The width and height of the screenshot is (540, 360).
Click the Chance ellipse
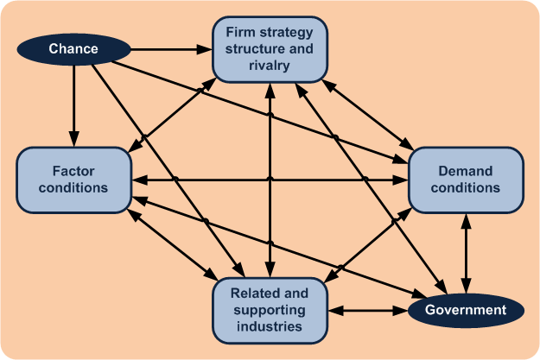73,49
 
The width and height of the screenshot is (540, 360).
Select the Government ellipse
466,311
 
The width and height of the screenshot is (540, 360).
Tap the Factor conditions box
73,180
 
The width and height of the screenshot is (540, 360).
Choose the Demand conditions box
466,180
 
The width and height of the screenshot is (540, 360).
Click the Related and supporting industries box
270,311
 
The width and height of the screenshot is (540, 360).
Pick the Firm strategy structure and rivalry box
270,49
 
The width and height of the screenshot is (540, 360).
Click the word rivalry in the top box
270,66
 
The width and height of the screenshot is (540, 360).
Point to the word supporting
270,310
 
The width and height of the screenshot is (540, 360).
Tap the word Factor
73,171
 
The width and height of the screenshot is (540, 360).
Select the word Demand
466,171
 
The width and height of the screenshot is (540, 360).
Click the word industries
270,326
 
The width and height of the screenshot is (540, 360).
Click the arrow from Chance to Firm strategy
172,49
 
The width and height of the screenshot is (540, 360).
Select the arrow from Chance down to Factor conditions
73,106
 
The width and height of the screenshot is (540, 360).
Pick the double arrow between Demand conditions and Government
466,254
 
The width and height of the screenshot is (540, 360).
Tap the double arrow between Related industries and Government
368,311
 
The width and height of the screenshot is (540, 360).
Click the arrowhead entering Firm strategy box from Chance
205,49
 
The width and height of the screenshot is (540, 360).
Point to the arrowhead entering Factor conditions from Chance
73,139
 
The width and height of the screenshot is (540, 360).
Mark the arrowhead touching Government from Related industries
401,311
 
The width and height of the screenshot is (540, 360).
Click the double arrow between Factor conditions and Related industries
173,245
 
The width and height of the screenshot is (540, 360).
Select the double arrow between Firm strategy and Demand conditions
367,115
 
